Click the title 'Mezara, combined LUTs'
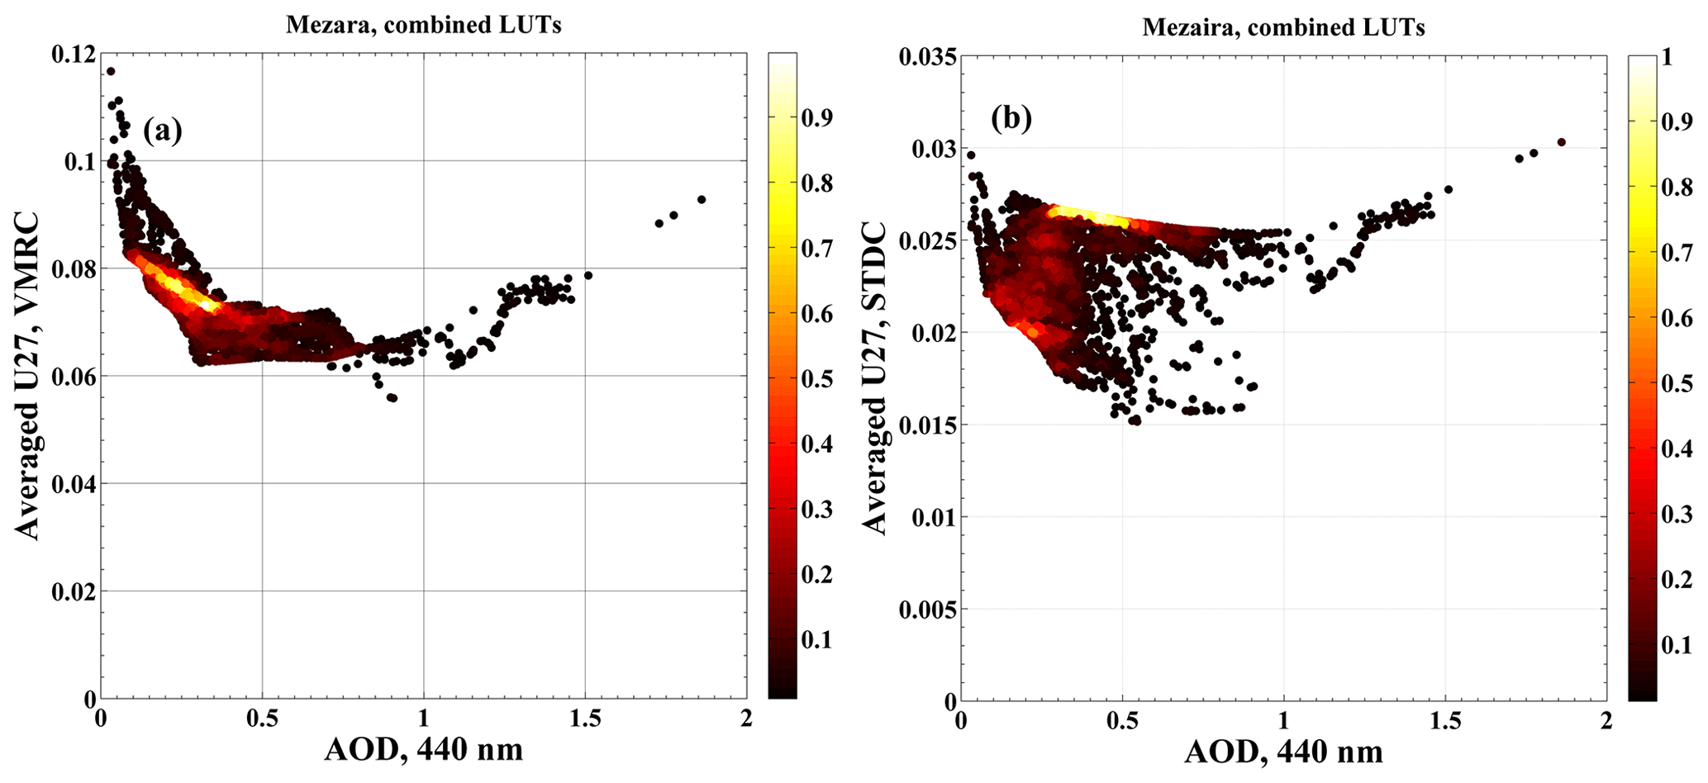(423, 25)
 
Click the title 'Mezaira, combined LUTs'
(1283, 27)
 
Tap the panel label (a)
(162, 130)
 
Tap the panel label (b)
(1011, 119)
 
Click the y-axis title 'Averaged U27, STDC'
(873, 377)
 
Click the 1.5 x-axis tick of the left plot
(585, 718)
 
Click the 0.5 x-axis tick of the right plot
(1122, 720)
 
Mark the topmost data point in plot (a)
(111, 71)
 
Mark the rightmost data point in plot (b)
(1561, 142)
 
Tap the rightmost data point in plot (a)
(702, 199)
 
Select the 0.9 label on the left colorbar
(816, 118)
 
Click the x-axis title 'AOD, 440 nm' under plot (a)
(424, 750)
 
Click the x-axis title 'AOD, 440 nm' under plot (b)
(1283, 752)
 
